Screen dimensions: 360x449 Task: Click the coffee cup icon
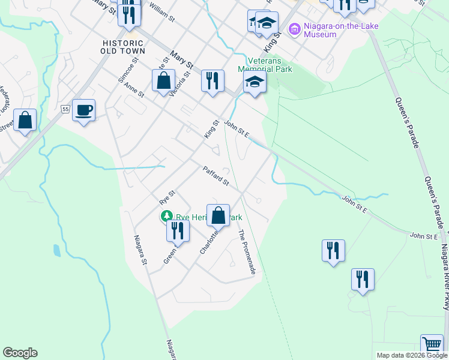(x=84, y=110)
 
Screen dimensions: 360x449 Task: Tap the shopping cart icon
(x=432, y=346)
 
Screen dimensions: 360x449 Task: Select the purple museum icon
(x=295, y=28)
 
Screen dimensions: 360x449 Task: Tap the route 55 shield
(x=65, y=109)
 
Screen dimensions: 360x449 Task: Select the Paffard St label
(x=216, y=176)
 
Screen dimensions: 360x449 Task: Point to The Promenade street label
(x=247, y=252)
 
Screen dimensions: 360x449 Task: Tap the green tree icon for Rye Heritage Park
(x=164, y=216)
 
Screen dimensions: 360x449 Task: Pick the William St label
(x=161, y=11)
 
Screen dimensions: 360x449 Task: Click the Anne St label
(x=134, y=91)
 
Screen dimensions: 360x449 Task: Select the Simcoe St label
(x=125, y=71)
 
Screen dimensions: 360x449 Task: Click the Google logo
(x=20, y=353)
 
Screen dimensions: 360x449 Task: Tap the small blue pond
(x=56, y=250)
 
